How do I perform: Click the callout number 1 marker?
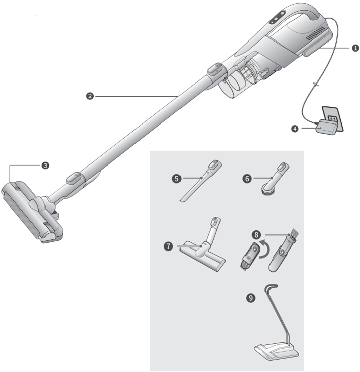[355, 48]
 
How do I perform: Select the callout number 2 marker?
[89, 96]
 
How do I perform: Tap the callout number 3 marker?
[45, 165]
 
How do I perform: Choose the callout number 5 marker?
[176, 178]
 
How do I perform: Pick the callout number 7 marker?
[168, 246]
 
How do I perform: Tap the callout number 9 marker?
[250, 298]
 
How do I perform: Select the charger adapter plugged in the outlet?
[324, 128]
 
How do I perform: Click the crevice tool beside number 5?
[199, 182]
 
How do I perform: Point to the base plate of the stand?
[276, 350]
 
